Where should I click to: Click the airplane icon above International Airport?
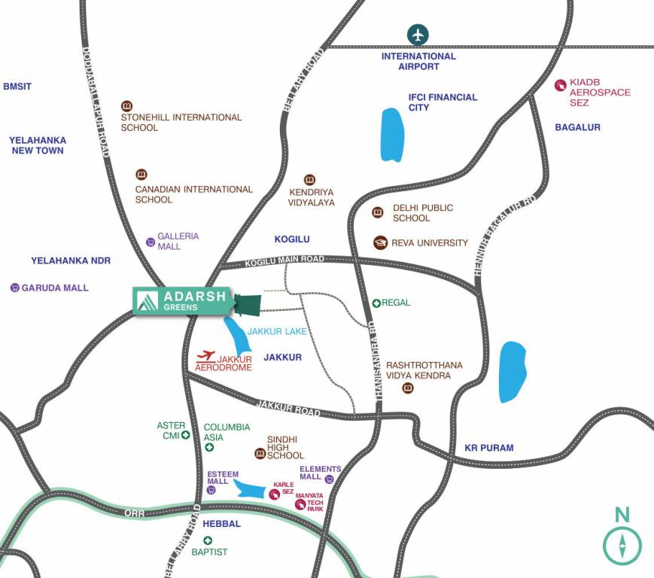[418, 35]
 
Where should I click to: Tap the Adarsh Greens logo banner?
[183, 301]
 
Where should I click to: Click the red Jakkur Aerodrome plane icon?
[205, 355]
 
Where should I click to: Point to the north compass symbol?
[622, 544]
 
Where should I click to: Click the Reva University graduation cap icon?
[381, 242]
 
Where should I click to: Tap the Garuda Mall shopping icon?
[14, 287]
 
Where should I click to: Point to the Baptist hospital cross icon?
[208, 540]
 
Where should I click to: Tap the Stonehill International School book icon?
[126, 106]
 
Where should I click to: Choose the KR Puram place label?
[489, 448]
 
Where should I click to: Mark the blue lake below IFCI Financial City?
[392, 135]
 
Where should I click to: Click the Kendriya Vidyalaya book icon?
[309, 180]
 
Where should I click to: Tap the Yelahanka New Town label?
[38, 145]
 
